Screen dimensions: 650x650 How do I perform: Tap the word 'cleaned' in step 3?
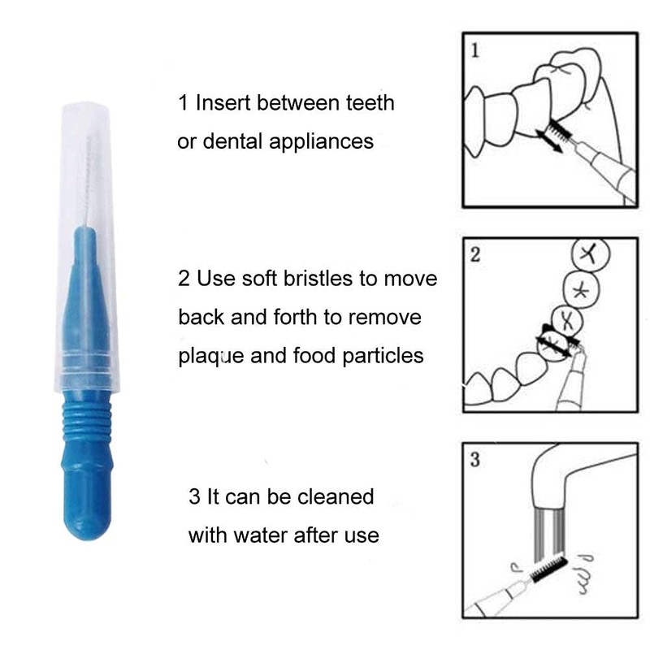click(332, 496)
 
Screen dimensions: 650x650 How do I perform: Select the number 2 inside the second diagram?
click(475, 254)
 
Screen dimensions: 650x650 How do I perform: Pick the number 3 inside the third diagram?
click(475, 460)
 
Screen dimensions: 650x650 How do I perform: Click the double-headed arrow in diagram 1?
click(552, 140)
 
